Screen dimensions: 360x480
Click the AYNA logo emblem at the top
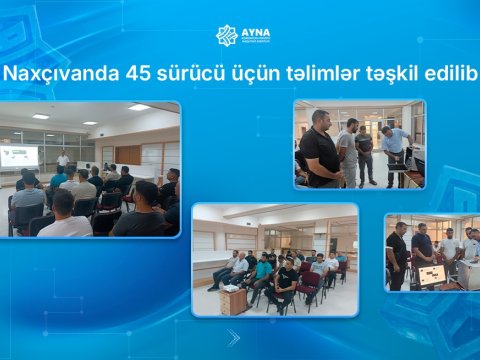click(227, 36)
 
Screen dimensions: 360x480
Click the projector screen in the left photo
click(20, 156)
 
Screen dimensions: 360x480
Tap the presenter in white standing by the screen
click(63, 163)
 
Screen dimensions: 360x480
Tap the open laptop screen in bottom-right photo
click(432, 275)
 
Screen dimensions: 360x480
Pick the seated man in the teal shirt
click(263, 272)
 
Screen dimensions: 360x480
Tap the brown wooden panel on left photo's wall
click(127, 155)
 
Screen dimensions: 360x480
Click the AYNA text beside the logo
click(256, 32)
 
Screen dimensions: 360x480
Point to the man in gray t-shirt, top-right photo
click(347, 150)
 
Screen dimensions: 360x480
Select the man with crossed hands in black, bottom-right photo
click(397, 255)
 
